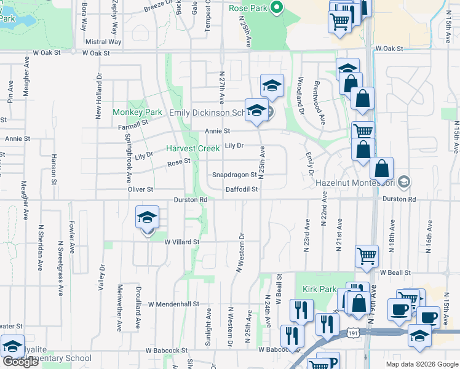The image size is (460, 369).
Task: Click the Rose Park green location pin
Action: click(x=276, y=8)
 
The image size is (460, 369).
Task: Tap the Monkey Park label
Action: click(x=137, y=113)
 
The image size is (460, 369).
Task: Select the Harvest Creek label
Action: click(x=193, y=148)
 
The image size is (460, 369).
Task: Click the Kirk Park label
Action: click(x=319, y=289)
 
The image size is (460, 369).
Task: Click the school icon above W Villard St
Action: click(x=147, y=218)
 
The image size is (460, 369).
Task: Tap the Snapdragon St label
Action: click(x=234, y=175)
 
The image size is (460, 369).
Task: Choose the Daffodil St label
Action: click(x=241, y=190)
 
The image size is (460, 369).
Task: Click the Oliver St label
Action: click(x=140, y=189)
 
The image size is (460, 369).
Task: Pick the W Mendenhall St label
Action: click(x=174, y=304)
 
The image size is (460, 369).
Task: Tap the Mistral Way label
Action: click(x=103, y=42)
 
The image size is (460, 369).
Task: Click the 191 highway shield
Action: click(x=351, y=333)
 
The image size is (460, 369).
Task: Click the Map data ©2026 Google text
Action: click(x=421, y=364)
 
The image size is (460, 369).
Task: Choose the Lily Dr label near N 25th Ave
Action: click(x=234, y=146)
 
